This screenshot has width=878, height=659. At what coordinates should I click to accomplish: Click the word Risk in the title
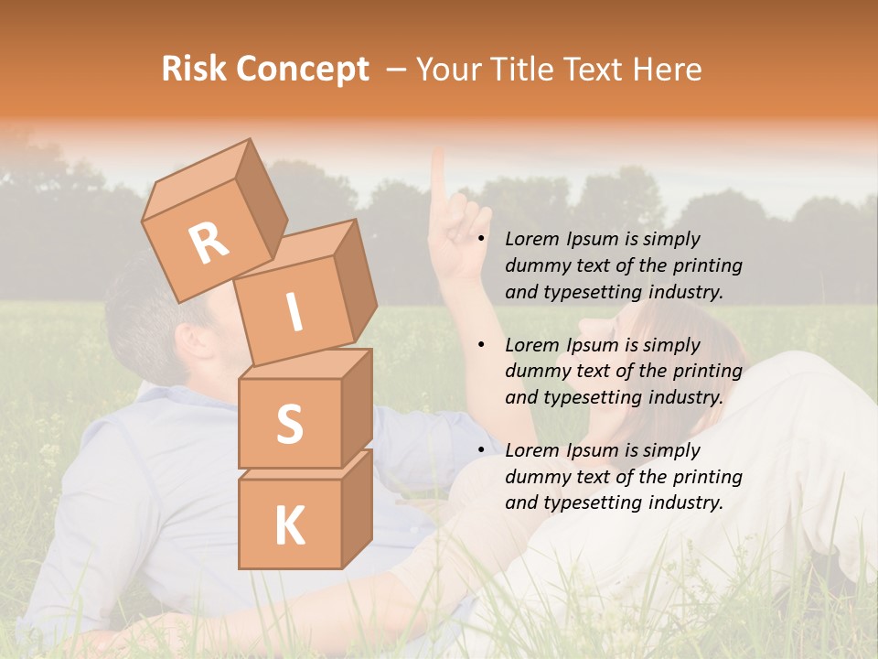click(195, 70)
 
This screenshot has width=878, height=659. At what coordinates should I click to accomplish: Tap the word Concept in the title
click(304, 70)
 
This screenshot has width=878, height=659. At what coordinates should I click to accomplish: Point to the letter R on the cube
click(209, 243)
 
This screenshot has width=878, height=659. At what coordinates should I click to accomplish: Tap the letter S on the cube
click(289, 425)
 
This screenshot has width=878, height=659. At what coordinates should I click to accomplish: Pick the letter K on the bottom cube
click(289, 526)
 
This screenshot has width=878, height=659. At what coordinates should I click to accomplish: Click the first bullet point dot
click(482, 240)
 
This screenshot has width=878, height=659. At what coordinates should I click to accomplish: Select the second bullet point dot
click(482, 345)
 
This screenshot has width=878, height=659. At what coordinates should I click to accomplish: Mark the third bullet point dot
click(482, 450)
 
